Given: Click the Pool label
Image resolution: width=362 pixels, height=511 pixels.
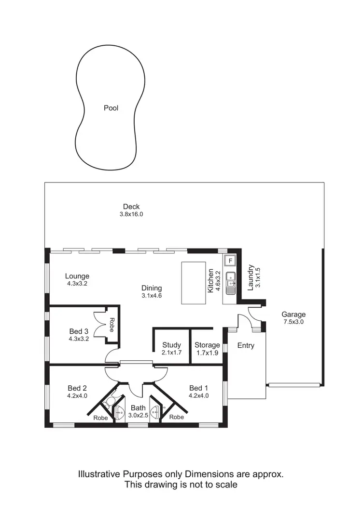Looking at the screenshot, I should click(x=111, y=108).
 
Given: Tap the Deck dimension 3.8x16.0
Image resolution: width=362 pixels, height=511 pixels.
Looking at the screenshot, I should click(x=132, y=214).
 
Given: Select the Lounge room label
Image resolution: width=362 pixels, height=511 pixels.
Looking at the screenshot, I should click(x=77, y=276).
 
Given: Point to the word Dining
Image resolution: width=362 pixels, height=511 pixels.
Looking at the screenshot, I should click(x=152, y=288).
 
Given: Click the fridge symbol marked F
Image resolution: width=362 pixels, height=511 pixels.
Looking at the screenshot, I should click(x=231, y=261).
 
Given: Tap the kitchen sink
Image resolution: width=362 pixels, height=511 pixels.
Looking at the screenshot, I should click(x=231, y=277).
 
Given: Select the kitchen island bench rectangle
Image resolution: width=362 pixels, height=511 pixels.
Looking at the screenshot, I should click(x=193, y=282).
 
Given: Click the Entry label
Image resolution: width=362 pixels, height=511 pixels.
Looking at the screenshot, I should click(x=246, y=345).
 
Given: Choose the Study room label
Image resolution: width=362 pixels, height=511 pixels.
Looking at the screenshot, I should click(x=171, y=345).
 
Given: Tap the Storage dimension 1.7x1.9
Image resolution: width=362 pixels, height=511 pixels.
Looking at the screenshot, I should click(x=207, y=353).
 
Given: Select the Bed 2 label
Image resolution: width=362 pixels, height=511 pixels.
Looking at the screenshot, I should click(x=77, y=388).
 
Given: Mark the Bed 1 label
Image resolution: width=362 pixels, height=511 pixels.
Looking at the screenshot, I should click(x=199, y=388).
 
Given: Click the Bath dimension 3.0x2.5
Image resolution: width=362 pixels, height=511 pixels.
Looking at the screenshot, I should click(x=138, y=415).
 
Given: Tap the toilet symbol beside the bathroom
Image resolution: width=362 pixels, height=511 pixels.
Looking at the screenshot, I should click(x=111, y=401).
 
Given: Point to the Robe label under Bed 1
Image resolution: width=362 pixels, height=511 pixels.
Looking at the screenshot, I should click(x=177, y=417).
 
